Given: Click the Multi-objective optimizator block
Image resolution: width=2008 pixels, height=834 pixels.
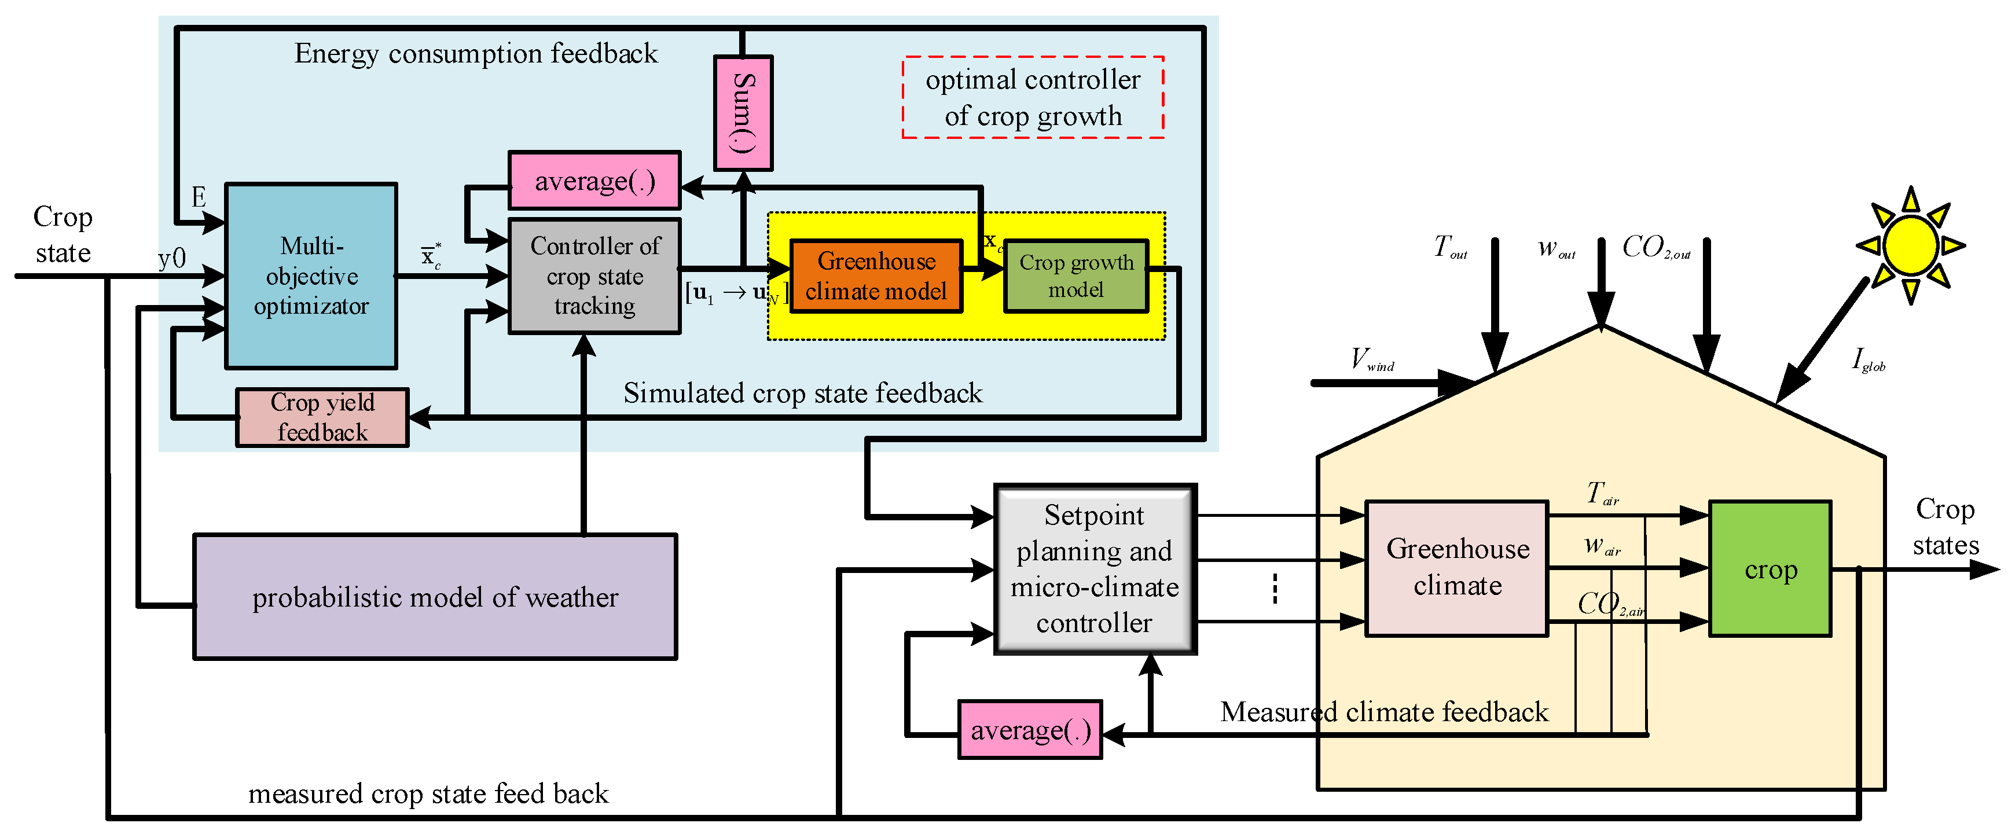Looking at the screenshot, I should coord(311,276).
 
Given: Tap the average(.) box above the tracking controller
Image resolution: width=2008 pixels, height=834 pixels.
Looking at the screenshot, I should coord(594,181).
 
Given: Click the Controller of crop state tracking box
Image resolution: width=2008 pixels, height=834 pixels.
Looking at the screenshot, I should coord(594,276).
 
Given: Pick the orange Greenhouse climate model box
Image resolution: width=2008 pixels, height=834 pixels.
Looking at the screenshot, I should coord(876,276).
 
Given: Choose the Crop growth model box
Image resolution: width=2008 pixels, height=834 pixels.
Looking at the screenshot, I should coord(1075,276).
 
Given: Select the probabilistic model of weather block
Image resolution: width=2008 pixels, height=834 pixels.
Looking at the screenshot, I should coord(435,597).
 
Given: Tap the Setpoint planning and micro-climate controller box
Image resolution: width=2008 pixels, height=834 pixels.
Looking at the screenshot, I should coord(1095,569).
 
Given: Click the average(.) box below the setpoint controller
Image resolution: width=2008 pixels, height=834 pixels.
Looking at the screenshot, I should coord(1030,730).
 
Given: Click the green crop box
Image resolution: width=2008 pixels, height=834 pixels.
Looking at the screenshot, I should coord(1770,569).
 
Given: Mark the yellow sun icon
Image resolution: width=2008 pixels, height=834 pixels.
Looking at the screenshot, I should coord(1911,245).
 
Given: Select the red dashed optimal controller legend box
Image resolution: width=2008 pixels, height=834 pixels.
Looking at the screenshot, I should coord(1033,97).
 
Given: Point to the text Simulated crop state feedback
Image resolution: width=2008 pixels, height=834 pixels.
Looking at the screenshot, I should coord(803,393).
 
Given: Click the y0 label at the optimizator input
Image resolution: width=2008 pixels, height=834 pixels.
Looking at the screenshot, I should coord(171,258).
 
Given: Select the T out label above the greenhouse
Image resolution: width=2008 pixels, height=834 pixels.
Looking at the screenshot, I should coord(1450,247).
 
